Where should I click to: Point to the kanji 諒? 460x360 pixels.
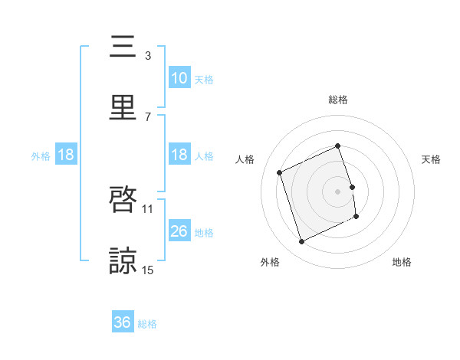click(x=124, y=261)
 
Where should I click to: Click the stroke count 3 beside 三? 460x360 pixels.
click(x=148, y=55)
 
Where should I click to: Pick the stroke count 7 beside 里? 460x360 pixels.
click(x=148, y=116)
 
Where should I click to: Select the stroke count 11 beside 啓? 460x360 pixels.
click(x=148, y=208)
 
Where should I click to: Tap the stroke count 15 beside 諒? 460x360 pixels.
click(x=148, y=270)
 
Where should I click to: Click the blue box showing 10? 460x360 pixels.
click(x=179, y=78)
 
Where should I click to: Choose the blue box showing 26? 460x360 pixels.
click(x=179, y=231)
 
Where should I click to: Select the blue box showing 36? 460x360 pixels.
click(x=123, y=323)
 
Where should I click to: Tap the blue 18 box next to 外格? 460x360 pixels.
click(x=66, y=155)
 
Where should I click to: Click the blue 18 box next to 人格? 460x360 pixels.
click(x=179, y=155)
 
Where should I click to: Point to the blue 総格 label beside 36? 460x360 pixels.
click(x=147, y=324)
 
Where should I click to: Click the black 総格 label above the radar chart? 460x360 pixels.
click(x=338, y=100)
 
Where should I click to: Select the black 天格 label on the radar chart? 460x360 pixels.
click(x=432, y=159)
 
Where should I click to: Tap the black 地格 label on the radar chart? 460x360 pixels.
click(x=402, y=263)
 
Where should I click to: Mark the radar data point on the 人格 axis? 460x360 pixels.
click(x=281, y=172)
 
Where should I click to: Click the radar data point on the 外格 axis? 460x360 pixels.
click(x=301, y=242)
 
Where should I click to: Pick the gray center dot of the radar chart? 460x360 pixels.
click(x=338, y=191)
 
